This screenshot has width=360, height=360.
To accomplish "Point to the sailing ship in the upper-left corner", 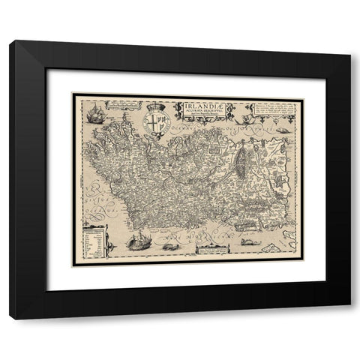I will tap(95, 115).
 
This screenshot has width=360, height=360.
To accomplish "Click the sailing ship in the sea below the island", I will tap(137, 241).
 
